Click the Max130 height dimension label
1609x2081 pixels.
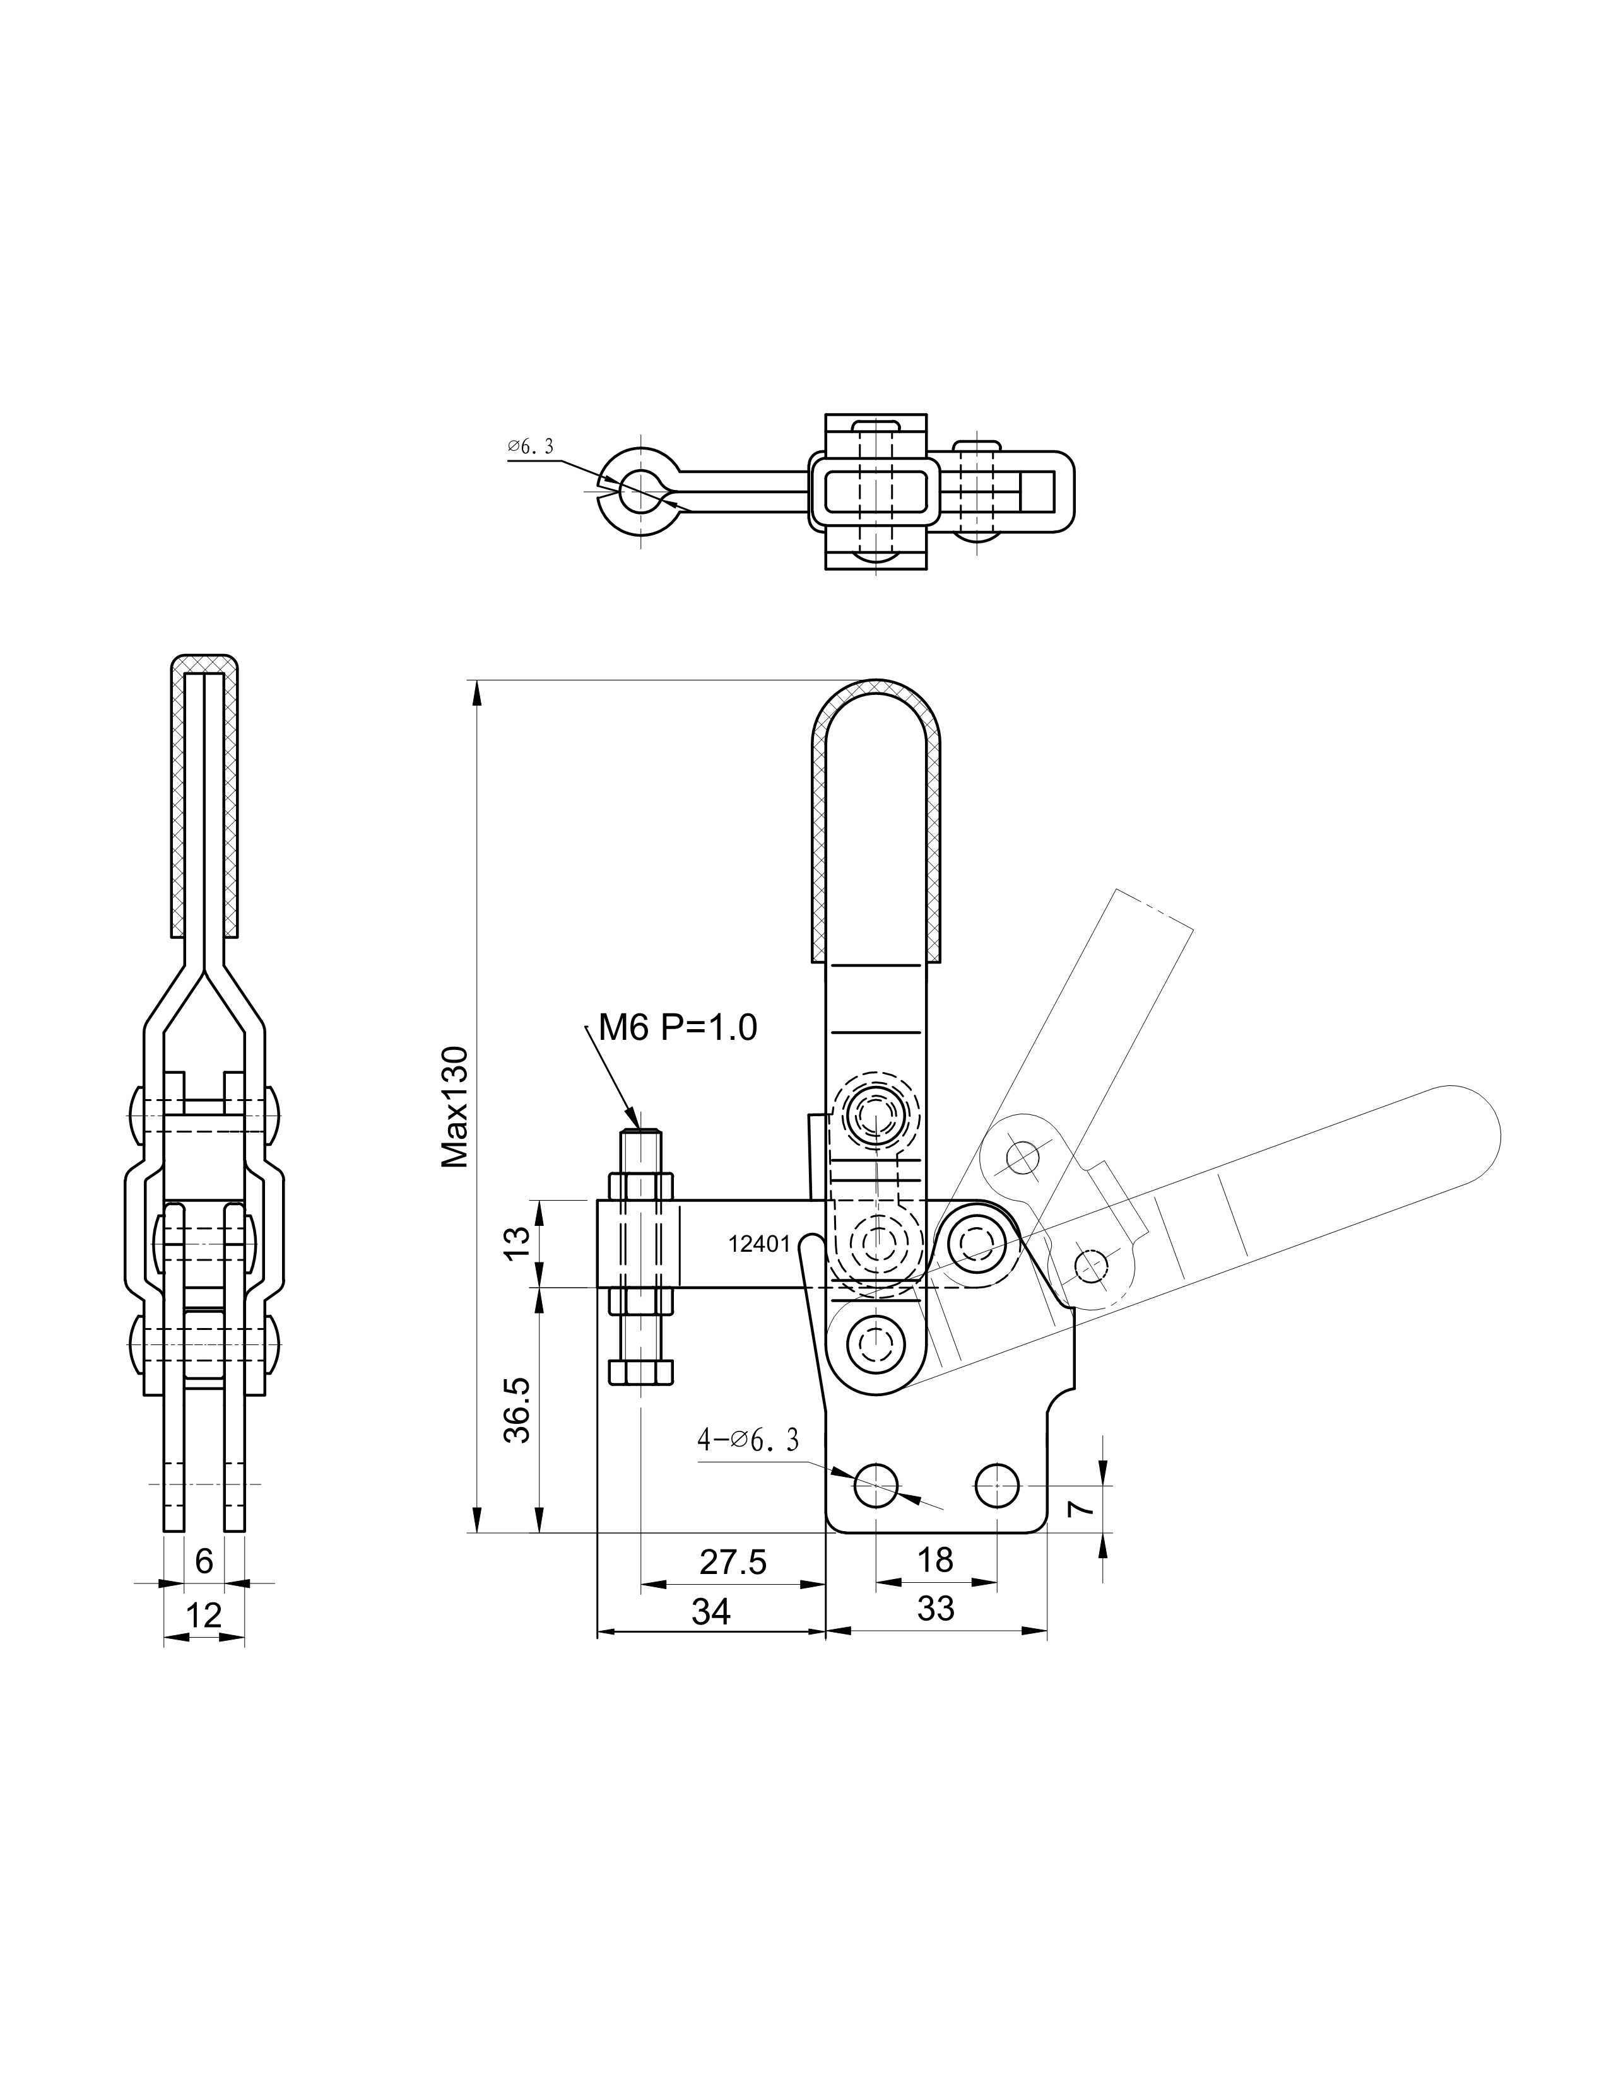click(456, 1107)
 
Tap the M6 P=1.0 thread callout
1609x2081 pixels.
click(678, 1027)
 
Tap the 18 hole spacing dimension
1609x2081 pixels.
click(935, 1559)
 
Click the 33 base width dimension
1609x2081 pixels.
click(935, 1609)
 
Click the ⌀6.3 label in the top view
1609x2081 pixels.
click(530, 446)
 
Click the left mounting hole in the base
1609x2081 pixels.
click(876, 1484)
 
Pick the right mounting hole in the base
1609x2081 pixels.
click(997, 1484)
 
